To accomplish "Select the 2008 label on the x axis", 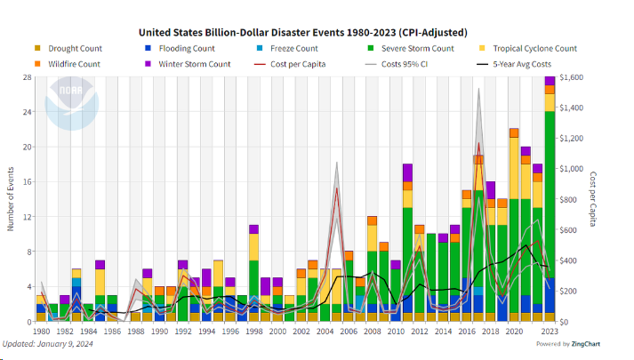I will (x=372, y=332).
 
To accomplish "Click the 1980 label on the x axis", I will (x=40, y=332).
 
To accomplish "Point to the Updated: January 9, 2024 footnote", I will (x=52, y=344).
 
